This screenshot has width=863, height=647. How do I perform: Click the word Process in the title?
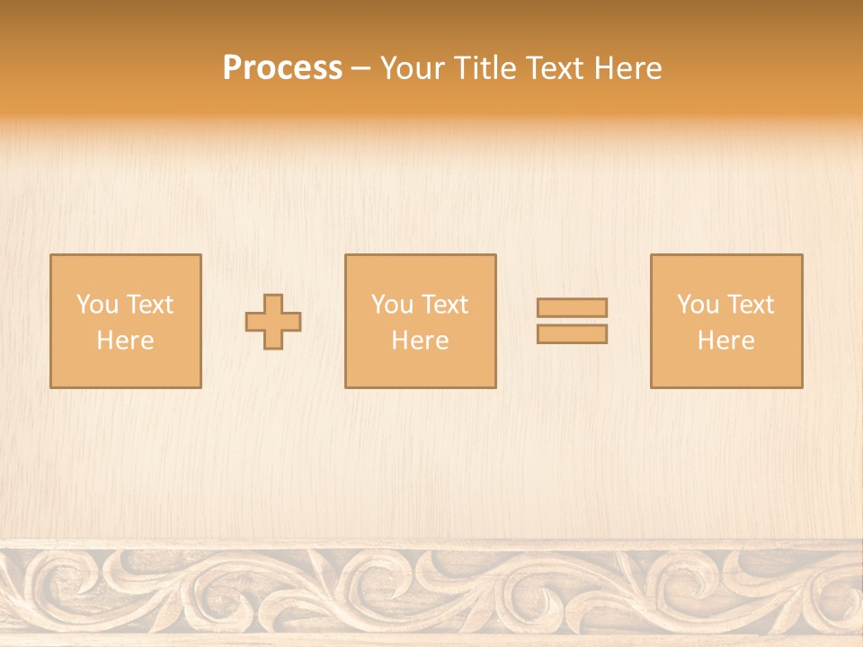[282, 68]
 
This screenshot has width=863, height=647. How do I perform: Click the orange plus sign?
[274, 322]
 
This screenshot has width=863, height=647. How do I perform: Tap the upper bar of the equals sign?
[572, 307]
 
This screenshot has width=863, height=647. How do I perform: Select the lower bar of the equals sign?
[572, 334]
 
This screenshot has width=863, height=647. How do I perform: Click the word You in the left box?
[95, 305]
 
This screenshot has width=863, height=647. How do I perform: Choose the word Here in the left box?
[125, 341]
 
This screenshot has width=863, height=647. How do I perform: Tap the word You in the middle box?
[391, 305]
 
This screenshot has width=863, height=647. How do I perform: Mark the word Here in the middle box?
[420, 341]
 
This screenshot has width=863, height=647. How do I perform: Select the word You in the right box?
[697, 305]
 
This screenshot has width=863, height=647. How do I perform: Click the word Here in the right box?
[725, 341]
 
